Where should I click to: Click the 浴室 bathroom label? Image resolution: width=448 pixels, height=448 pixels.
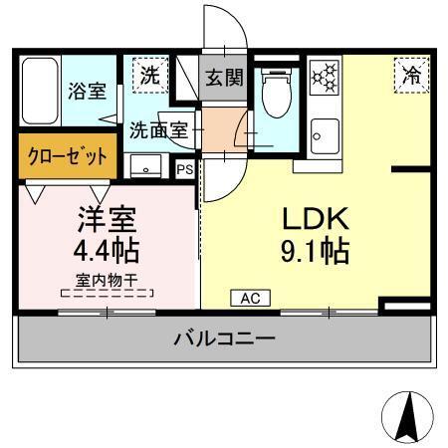pyautogui.click(x=87, y=92)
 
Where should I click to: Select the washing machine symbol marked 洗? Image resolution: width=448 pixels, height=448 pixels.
pyautogui.click(x=148, y=74)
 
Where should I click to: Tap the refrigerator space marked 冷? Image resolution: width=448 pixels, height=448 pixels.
pyautogui.click(x=410, y=74)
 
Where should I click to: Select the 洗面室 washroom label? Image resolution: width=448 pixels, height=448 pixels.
pyautogui.click(x=158, y=129)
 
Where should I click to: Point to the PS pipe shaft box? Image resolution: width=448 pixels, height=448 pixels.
pyautogui.click(x=184, y=169)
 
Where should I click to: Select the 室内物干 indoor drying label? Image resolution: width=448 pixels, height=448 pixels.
pyautogui.click(x=107, y=280)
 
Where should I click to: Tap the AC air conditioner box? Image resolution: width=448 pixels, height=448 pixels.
pyautogui.click(x=250, y=298)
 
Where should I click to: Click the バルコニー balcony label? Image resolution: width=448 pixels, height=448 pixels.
pyautogui.click(x=225, y=338)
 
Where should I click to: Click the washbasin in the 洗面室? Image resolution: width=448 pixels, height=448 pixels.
pyautogui.click(x=147, y=166)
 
